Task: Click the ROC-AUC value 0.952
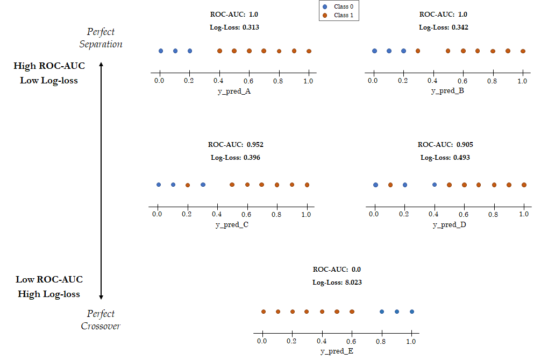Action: pos(255,145)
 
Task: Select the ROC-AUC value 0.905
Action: pos(465,145)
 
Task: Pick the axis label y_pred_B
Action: pos(447,91)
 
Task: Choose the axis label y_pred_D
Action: pos(449,225)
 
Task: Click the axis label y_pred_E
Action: pos(337,352)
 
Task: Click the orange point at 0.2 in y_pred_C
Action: pos(188,185)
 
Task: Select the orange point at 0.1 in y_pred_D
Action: pos(390,185)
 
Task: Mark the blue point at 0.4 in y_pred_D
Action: pos(435,185)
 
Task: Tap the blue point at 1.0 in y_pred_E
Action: pos(412,312)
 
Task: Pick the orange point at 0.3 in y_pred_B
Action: pos(418,51)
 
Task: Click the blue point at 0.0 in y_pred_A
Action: pos(161,51)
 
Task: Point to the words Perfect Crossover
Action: pos(101,320)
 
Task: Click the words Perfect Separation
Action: pos(101,38)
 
